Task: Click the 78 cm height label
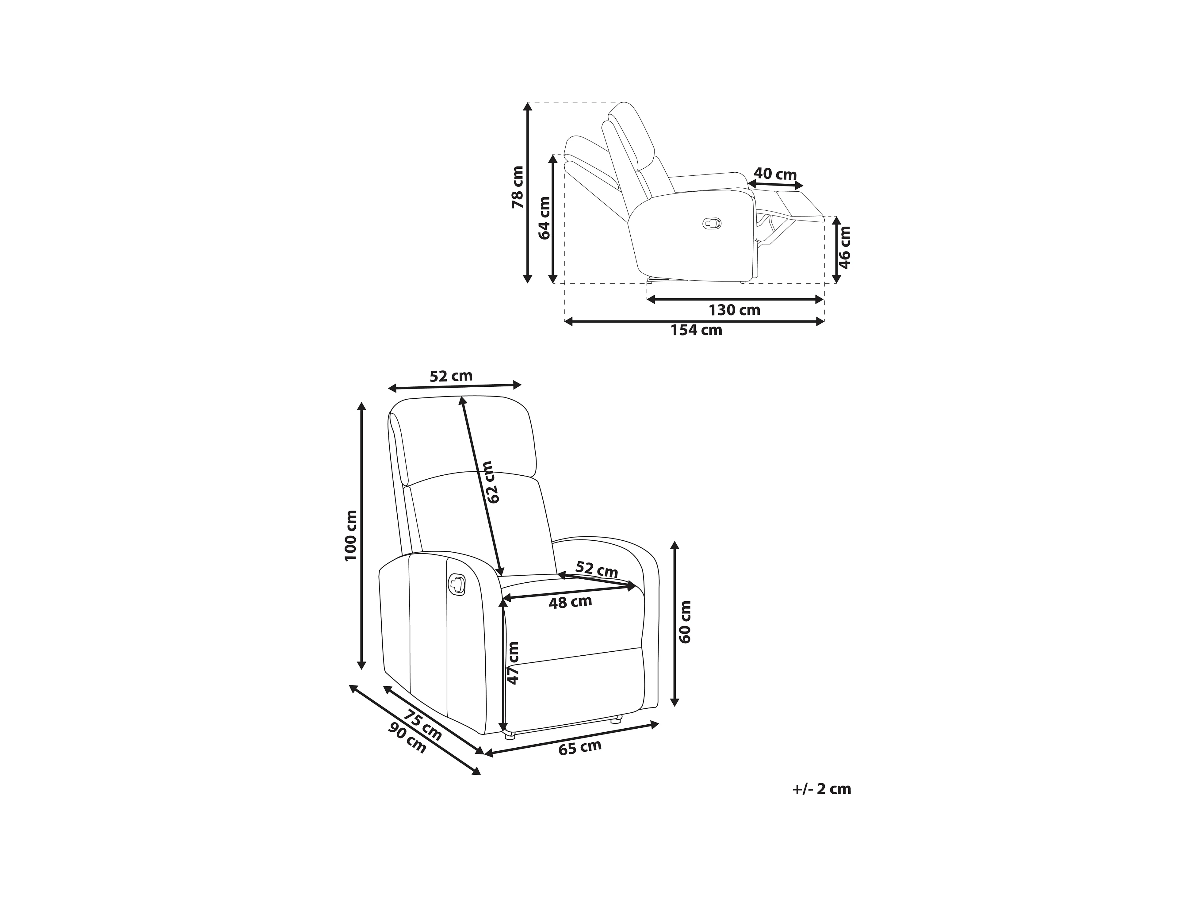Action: (518, 187)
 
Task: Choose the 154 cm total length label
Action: (696, 330)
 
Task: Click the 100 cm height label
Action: (351, 535)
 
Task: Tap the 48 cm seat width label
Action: (571, 602)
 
